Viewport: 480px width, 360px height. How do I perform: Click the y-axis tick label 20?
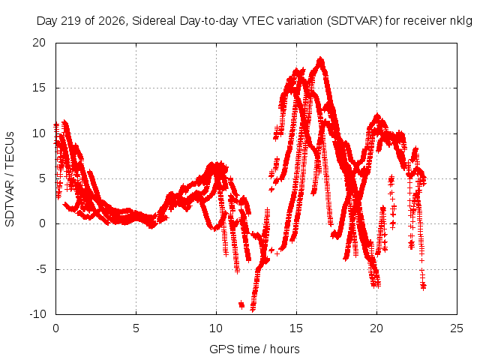click(39, 43)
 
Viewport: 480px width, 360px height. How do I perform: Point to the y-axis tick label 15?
click(39, 88)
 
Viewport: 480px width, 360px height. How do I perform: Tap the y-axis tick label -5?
click(40, 269)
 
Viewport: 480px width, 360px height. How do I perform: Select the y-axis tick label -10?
click(37, 314)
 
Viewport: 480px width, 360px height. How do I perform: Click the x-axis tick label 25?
click(457, 328)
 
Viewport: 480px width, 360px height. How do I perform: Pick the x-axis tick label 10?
click(216, 328)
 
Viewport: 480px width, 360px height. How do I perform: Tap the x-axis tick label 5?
click(136, 328)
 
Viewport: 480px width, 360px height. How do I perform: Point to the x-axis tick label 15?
click(296, 328)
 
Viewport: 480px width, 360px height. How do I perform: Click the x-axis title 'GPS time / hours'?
click(254, 349)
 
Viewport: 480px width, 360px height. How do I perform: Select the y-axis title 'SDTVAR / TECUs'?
click(10, 179)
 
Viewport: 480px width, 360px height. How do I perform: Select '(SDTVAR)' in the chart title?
click(355, 21)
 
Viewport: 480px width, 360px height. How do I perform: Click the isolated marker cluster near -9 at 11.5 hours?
click(241, 304)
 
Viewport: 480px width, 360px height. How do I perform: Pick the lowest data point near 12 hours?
click(253, 310)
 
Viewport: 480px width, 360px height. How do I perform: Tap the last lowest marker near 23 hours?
click(423, 286)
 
